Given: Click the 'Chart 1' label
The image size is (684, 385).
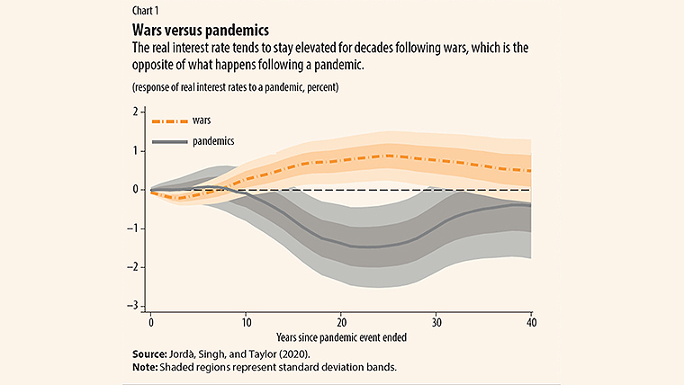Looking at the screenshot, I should [146, 13].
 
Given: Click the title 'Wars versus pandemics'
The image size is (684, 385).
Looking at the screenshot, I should [193, 31].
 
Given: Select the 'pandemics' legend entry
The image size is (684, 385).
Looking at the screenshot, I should [214, 141].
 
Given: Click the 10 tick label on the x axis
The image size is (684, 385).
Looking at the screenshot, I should [246, 321].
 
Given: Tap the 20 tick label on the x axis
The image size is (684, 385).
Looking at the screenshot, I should [341, 321].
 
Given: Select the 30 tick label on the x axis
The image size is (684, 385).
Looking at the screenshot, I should [436, 321].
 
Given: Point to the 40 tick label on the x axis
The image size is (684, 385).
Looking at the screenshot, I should [530, 321].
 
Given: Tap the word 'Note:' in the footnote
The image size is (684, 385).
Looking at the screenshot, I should [148, 369].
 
